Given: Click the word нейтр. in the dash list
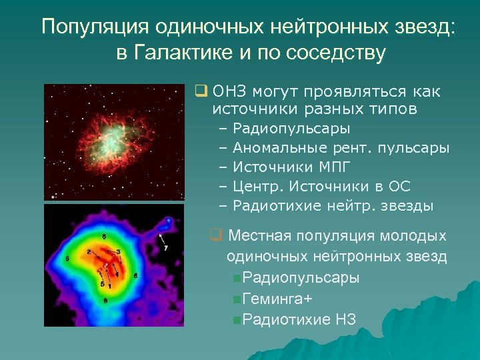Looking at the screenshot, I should [347, 205].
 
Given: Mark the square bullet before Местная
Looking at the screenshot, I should [215, 235].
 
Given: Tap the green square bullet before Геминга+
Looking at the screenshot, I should [237, 299].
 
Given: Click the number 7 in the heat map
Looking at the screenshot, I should [165, 248].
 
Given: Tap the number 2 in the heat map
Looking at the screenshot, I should [89, 252].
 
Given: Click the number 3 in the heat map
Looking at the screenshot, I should [117, 251].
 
